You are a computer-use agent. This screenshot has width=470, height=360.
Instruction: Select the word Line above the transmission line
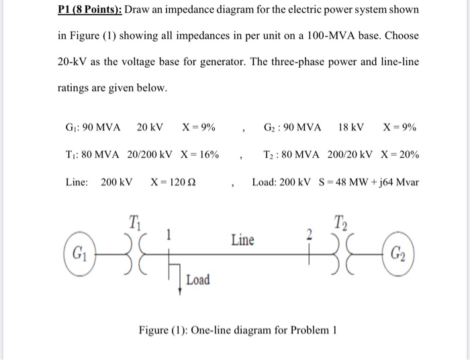tap(242, 240)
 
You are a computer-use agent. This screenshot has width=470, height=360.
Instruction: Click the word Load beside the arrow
tap(198, 279)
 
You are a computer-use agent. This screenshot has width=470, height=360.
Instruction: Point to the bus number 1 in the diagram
tap(171, 234)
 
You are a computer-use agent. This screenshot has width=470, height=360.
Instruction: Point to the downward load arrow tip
tap(180, 293)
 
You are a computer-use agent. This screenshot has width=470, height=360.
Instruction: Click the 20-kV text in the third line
tap(74, 61)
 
